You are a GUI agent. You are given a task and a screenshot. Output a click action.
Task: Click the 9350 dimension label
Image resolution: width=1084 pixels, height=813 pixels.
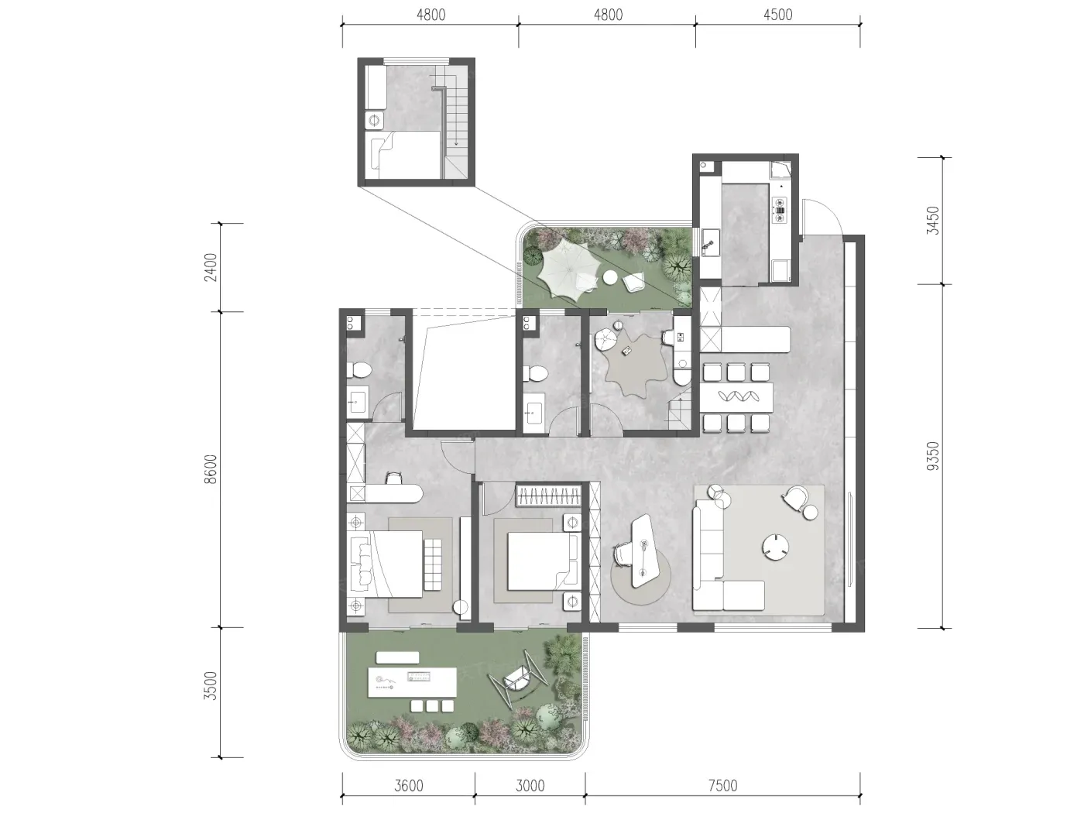[x=932, y=456]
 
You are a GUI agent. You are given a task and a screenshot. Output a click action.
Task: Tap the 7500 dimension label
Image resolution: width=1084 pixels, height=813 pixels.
[x=722, y=785]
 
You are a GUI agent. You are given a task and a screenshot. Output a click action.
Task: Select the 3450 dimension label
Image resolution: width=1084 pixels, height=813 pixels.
[x=932, y=221]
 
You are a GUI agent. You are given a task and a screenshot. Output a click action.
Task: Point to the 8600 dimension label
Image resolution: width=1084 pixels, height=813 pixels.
[x=211, y=469]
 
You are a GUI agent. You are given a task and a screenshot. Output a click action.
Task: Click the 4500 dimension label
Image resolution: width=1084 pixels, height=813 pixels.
[x=778, y=15]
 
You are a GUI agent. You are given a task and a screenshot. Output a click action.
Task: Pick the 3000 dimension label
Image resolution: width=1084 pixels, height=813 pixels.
[x=530, y=785]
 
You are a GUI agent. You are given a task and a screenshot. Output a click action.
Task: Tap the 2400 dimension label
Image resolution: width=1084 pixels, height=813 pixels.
[x=211, y=267]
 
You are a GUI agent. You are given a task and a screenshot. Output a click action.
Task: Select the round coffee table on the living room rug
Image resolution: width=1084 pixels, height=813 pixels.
[x=775, y=547]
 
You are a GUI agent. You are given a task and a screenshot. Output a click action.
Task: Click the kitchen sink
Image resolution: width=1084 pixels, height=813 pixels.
[x=710, y=243]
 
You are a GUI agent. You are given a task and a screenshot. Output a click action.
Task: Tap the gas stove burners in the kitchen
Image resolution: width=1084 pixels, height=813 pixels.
[x=779, y=211]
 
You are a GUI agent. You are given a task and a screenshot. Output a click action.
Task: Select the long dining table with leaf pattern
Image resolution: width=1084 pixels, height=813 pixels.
[x=736, y=397]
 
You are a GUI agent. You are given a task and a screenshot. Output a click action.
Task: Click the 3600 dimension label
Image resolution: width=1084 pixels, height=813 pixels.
[x=408, y=785]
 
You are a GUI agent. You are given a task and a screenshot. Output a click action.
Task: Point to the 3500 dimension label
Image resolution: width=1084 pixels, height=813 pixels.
[x=211, y=686]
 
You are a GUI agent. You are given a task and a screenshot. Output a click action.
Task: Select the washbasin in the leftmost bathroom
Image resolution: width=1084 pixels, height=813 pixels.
[x=357, y=403]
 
